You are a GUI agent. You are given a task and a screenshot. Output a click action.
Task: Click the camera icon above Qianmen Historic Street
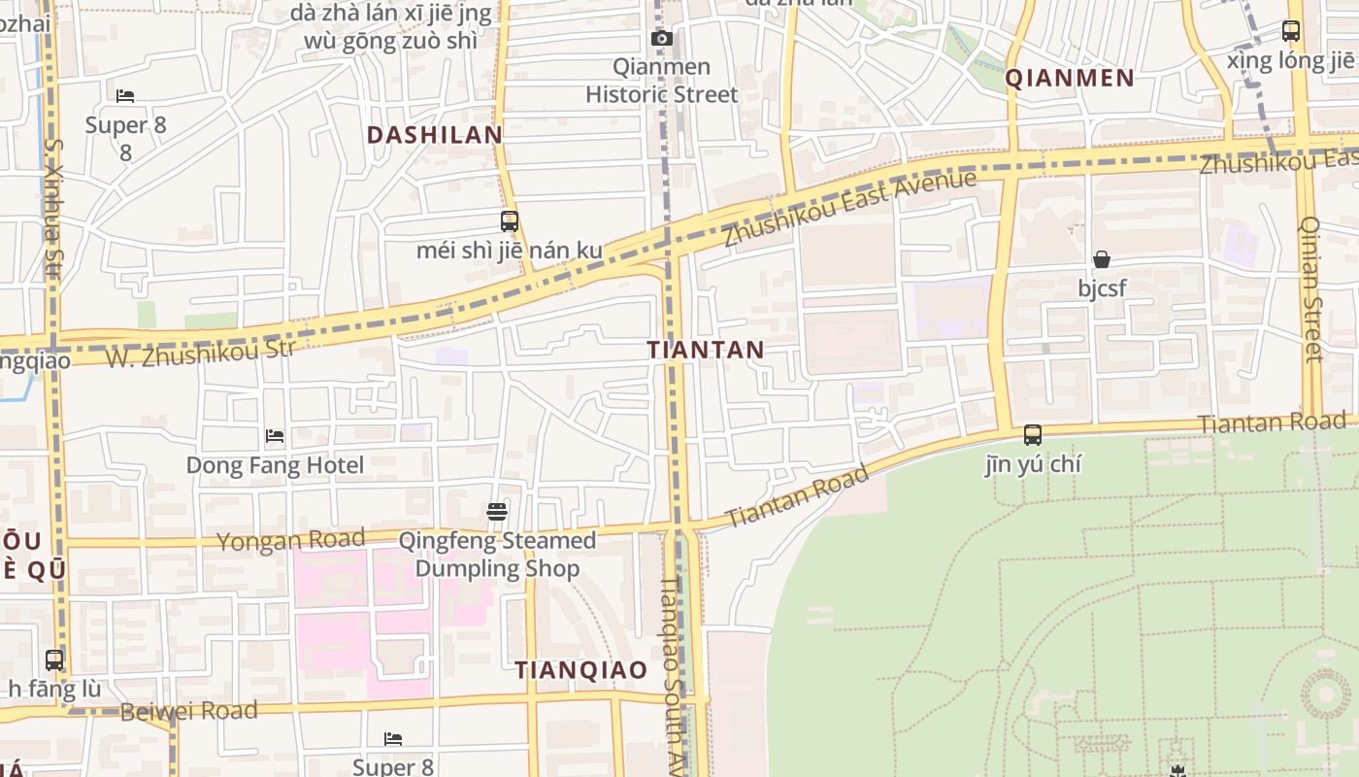(662, 39)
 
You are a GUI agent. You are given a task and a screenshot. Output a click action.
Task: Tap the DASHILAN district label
(435, 135)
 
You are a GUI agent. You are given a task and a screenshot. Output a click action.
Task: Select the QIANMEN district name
(1070, 79)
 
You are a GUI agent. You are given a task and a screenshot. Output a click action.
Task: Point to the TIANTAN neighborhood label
(706, 350)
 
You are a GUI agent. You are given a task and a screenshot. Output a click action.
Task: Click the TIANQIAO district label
(580, 670)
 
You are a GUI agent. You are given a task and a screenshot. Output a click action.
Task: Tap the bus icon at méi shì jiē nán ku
(510, 221)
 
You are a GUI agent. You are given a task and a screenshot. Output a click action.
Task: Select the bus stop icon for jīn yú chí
(1033, 435)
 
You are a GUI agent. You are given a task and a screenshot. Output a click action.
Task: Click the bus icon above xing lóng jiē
(1290, 31)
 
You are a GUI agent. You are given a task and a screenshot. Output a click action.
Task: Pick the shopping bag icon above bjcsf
(1102, 259)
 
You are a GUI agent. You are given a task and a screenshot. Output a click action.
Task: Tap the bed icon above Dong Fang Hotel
(275, 436)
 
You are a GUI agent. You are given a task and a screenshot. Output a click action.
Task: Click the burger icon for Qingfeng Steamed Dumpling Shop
(497, 512)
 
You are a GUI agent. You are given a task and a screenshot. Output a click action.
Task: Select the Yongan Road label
(290, 540)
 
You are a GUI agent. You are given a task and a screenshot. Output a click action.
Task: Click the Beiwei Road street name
(188, 711)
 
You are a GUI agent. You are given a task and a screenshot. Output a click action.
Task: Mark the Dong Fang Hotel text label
(275, 465)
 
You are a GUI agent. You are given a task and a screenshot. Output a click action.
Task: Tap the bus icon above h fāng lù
(54, 660)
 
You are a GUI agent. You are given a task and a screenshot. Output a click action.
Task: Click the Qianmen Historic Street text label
(662, 81)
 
